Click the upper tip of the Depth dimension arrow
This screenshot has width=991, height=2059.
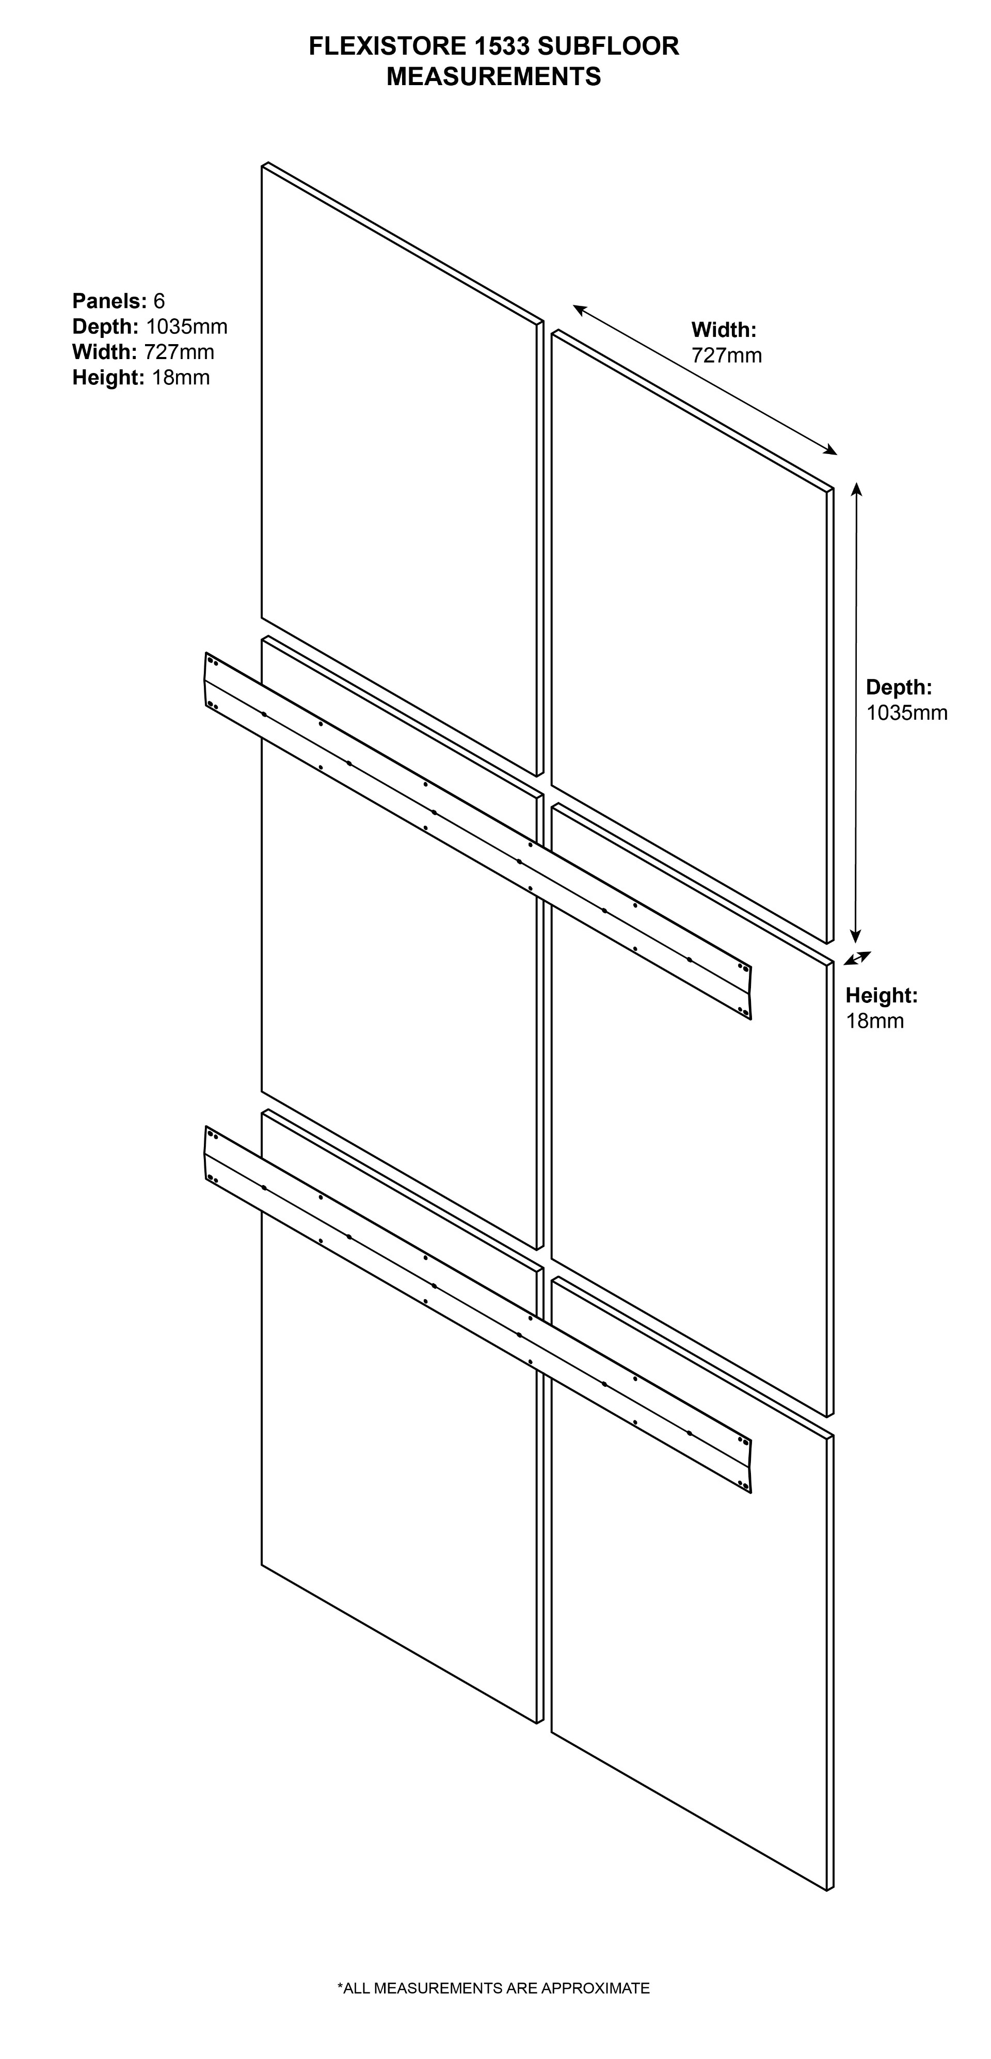[857, 483]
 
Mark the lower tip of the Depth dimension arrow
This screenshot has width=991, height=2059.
[856, 943]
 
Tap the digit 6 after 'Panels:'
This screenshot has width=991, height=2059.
[159, 301]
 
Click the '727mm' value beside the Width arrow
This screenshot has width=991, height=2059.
[726, 355]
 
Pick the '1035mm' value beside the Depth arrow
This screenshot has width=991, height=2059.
[906, 713]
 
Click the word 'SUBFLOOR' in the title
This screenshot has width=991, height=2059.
[608, 46]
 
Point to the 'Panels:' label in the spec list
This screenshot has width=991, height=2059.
[109, 301]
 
